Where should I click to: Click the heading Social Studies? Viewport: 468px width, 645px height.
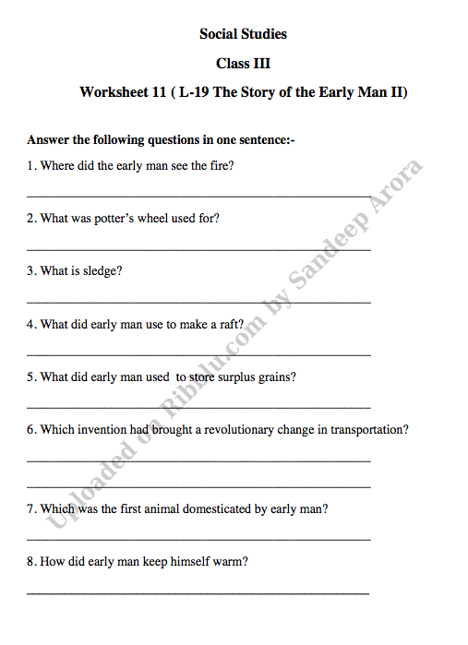(x=243, y=34)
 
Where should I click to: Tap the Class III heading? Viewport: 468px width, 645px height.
(x=243, y=64)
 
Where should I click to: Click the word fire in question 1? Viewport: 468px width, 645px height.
(x=220, y=166)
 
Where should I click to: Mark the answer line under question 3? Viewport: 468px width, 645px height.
(x=198, y=302)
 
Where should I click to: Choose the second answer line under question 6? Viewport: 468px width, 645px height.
(x=198, y=486)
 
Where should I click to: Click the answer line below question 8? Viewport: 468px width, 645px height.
(x=198, y=591)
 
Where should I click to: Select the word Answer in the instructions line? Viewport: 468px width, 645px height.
(x=48, y=140)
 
